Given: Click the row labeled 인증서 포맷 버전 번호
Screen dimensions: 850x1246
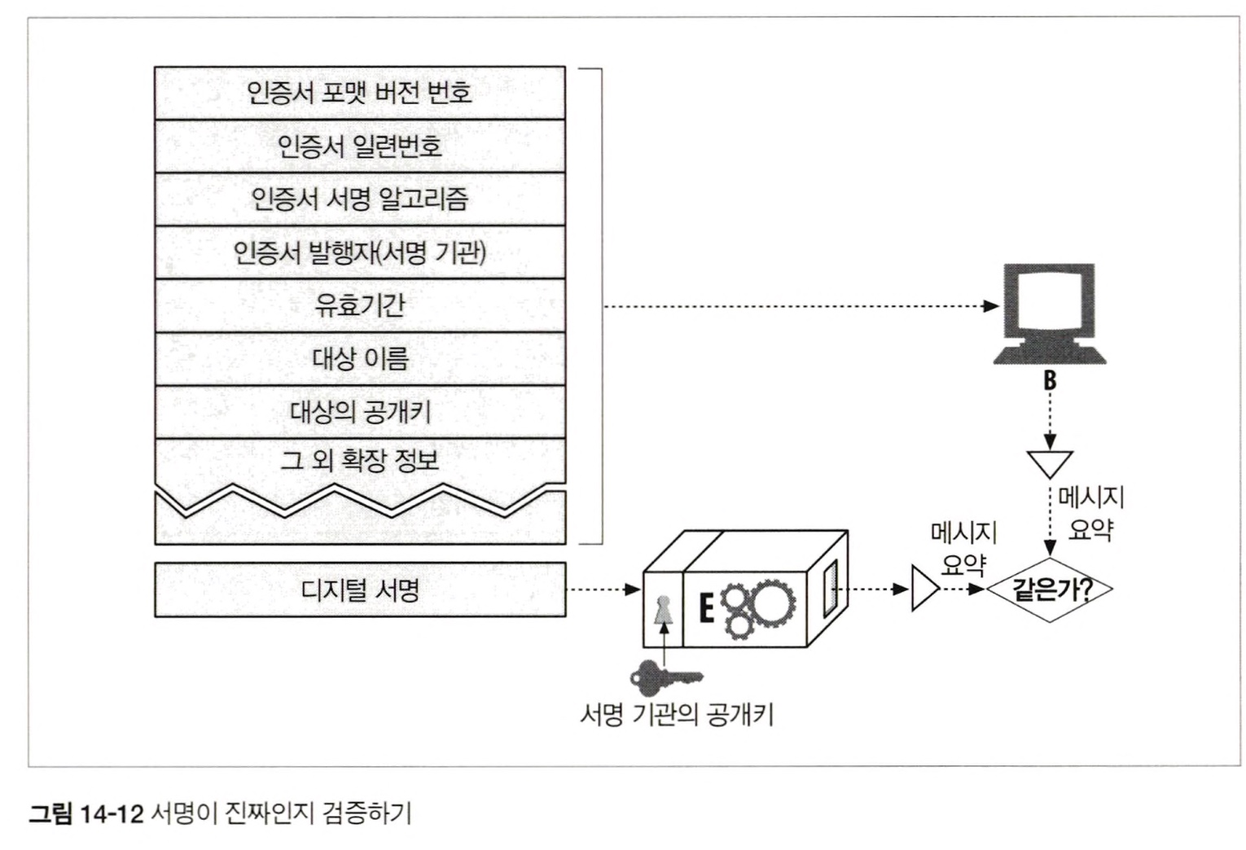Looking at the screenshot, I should coord(359,93).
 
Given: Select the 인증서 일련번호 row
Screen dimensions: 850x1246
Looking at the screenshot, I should coord(359,147).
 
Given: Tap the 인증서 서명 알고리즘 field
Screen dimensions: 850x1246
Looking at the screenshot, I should coord(359,199).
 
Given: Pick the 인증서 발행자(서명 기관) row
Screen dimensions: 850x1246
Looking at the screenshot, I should coord(359,252).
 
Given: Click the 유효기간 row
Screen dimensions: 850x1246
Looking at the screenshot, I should coord(359,305).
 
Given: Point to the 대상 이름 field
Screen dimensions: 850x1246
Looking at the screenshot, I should coord(359,358).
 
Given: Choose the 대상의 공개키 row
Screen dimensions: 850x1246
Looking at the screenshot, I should coord(359,411).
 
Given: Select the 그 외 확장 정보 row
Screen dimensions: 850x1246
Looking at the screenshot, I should coord(359,461).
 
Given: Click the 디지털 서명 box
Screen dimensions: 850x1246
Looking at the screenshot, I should coord(359,589).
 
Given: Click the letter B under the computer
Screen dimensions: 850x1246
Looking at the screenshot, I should coord(1050,380).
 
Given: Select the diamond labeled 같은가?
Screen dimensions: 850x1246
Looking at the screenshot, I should coord(1051,589).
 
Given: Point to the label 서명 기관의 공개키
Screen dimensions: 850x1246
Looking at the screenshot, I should coord(676,715).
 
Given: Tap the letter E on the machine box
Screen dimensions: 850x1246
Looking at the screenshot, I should coord(706,607).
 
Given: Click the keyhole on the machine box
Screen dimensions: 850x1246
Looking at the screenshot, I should coord(664,611).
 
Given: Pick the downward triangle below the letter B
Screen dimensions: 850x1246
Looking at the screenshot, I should coord(1050,462).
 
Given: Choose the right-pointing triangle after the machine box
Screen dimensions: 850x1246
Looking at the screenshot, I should coord(924,589).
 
